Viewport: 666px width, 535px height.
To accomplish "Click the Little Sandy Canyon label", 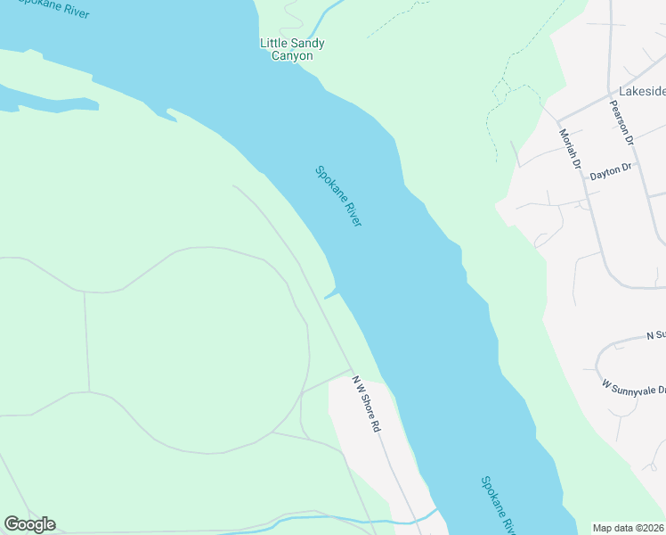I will click(292, 49).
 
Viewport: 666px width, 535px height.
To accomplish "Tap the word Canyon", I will click(292, 56).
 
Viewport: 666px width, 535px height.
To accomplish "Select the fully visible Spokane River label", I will click(338, 196).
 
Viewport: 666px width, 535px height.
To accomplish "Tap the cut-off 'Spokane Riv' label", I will click(499, 506).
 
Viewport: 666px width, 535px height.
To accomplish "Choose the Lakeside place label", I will click(642, 91).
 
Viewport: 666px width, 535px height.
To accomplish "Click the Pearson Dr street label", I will click(621, 121).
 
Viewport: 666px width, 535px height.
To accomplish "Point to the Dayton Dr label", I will click(610, 171).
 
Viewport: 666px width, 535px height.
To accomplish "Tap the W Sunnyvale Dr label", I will click(634, 390).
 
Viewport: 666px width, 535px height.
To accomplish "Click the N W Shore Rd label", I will click(366, 404).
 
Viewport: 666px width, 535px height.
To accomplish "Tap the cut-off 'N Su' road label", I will click(655, 335).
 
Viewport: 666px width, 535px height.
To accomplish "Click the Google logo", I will click(29, 524).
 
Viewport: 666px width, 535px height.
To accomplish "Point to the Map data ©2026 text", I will click(629, 527).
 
